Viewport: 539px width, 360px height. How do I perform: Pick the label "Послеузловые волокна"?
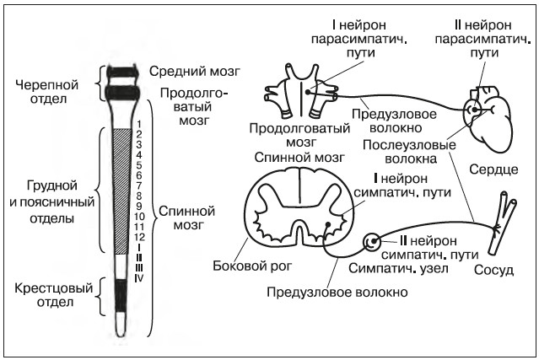pyautogui.click(x=409, y=150)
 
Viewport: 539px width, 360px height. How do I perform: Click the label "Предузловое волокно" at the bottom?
pyautogui.click(x=336, y=292)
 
